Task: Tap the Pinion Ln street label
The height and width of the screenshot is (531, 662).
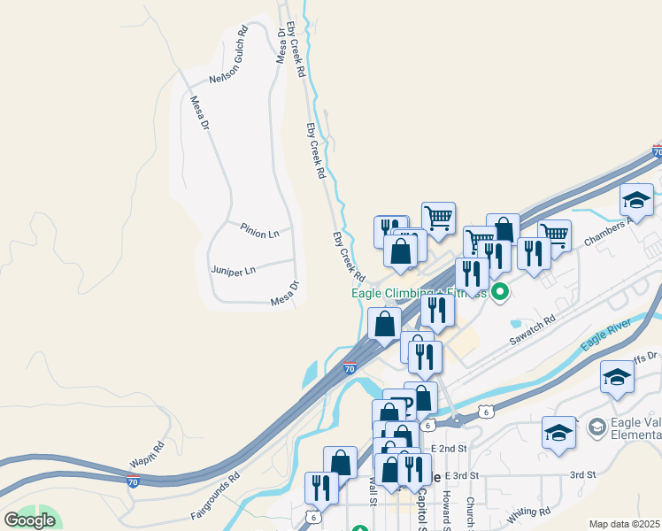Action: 259,229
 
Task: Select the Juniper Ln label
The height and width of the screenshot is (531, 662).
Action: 233,269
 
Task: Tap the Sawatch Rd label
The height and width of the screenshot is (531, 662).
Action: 532,332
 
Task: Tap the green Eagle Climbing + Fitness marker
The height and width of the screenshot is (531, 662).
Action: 500,290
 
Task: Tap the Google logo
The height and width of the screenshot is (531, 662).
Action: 29,520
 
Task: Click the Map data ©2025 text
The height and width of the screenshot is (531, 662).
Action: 625,524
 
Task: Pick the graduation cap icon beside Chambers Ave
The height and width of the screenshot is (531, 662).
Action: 636,201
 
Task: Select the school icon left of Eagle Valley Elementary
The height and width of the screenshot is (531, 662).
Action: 559,433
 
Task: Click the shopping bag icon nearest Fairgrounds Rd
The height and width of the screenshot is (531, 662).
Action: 340,462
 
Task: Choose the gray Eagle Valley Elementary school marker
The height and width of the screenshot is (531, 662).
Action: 596,427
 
